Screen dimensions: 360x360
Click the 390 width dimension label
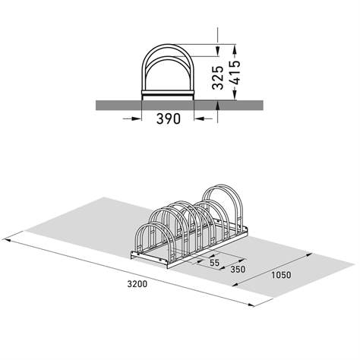pos(168,120)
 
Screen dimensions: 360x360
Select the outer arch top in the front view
pos(168,47)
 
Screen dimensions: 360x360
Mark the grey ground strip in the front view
pos(114,105)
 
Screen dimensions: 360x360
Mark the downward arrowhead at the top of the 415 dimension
pos(218,39)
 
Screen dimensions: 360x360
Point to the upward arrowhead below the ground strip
pos(218,113)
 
